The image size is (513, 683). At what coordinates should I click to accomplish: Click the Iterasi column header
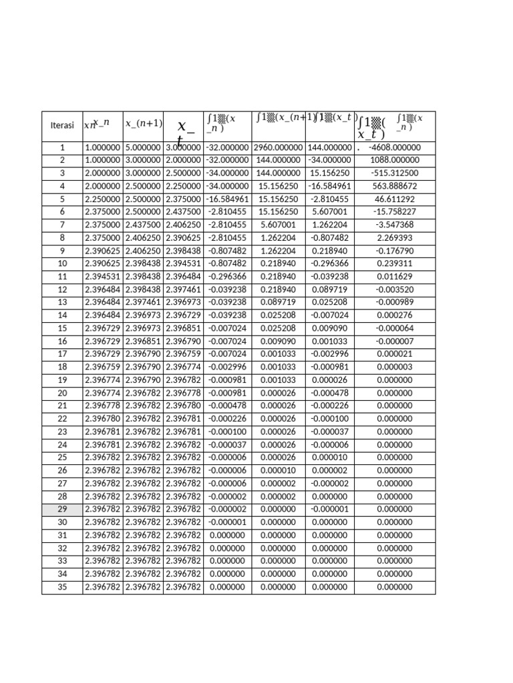[x=62, y=125]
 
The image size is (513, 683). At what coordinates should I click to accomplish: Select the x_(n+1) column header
[x=144, y=123]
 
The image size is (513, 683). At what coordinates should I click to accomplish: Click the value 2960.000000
[x=279, y=147]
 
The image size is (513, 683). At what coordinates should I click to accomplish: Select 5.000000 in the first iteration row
[x=143, y=147]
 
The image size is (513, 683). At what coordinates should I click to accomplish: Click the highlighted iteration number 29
[x=62, y=509]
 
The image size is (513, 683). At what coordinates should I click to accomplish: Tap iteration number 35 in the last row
[x=62, y=587]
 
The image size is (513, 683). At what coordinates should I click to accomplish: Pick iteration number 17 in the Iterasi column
[x=62, y=354]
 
